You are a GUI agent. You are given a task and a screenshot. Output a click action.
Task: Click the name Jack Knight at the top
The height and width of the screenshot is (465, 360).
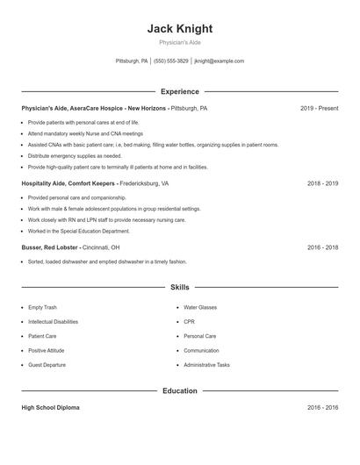point(179,29)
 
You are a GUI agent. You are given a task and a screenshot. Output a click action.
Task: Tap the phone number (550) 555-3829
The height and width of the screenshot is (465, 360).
point(170,61)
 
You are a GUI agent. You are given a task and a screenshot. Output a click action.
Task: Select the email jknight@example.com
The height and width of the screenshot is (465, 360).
point(219,61)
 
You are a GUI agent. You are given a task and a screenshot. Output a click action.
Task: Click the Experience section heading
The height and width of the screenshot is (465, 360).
point(179,91)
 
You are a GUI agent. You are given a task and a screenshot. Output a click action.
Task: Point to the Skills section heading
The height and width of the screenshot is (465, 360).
point(179,287)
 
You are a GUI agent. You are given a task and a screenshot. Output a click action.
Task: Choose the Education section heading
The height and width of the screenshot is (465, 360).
point(179,390)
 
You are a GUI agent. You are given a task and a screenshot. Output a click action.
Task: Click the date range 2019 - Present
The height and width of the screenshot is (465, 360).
point(319,108)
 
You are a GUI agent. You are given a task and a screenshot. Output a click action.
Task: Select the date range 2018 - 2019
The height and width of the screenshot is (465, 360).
point(322,184)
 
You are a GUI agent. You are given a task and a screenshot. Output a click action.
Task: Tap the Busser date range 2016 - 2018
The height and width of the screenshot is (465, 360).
point(322,247)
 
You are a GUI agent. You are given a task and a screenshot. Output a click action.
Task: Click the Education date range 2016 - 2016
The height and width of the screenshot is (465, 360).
point(322,408)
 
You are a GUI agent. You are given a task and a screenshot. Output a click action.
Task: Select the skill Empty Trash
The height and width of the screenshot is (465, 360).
point(42,308)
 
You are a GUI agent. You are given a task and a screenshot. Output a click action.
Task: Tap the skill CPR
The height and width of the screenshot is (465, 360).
point(189,322)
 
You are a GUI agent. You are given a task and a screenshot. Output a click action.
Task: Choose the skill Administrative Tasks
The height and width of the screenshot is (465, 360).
point(206,365)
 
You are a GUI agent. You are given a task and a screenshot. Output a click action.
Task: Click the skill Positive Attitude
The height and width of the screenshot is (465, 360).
point(47,351)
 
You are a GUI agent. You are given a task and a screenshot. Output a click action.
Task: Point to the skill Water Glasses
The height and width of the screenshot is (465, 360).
point(199,308)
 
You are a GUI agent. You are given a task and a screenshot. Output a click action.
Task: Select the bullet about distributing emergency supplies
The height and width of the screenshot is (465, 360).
point(75,155)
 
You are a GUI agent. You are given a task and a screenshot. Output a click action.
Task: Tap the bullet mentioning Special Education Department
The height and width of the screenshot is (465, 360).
point(78,231)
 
